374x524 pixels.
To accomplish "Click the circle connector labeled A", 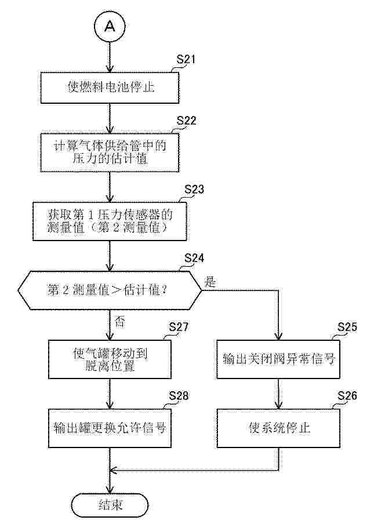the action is [110, 26].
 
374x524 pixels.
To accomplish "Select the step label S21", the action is [186, 60].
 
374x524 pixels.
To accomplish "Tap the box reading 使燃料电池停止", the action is [110, 87].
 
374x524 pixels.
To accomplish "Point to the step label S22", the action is [186, 121].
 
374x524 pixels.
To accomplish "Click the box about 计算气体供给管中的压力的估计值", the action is [110, 152].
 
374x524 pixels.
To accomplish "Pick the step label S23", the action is [194, 190].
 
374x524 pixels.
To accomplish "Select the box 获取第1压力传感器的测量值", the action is [110, 221].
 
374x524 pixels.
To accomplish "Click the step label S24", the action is [194, 259].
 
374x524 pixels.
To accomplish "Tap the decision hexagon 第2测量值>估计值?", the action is [110, 290].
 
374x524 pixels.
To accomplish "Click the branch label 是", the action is [210, 282].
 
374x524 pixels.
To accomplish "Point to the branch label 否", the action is [120, 322].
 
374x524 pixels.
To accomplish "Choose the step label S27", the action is [179, 327].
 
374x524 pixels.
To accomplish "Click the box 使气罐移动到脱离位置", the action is [110, 359].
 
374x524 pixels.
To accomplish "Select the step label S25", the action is [347, 327].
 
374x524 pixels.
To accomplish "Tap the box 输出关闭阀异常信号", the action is [278, 359].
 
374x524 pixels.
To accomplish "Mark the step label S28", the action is [179, 396].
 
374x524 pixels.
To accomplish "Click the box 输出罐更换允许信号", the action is [110, 428].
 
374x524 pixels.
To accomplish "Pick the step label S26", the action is [347, 396].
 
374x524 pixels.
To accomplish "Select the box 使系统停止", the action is [278, 428].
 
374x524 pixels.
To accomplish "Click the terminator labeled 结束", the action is [110, 505].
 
